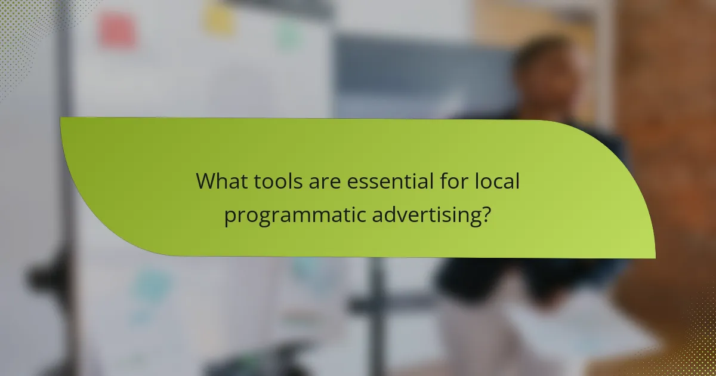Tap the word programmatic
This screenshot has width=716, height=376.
[x=295, y=215]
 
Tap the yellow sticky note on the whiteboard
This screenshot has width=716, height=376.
[x=219, y=19]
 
